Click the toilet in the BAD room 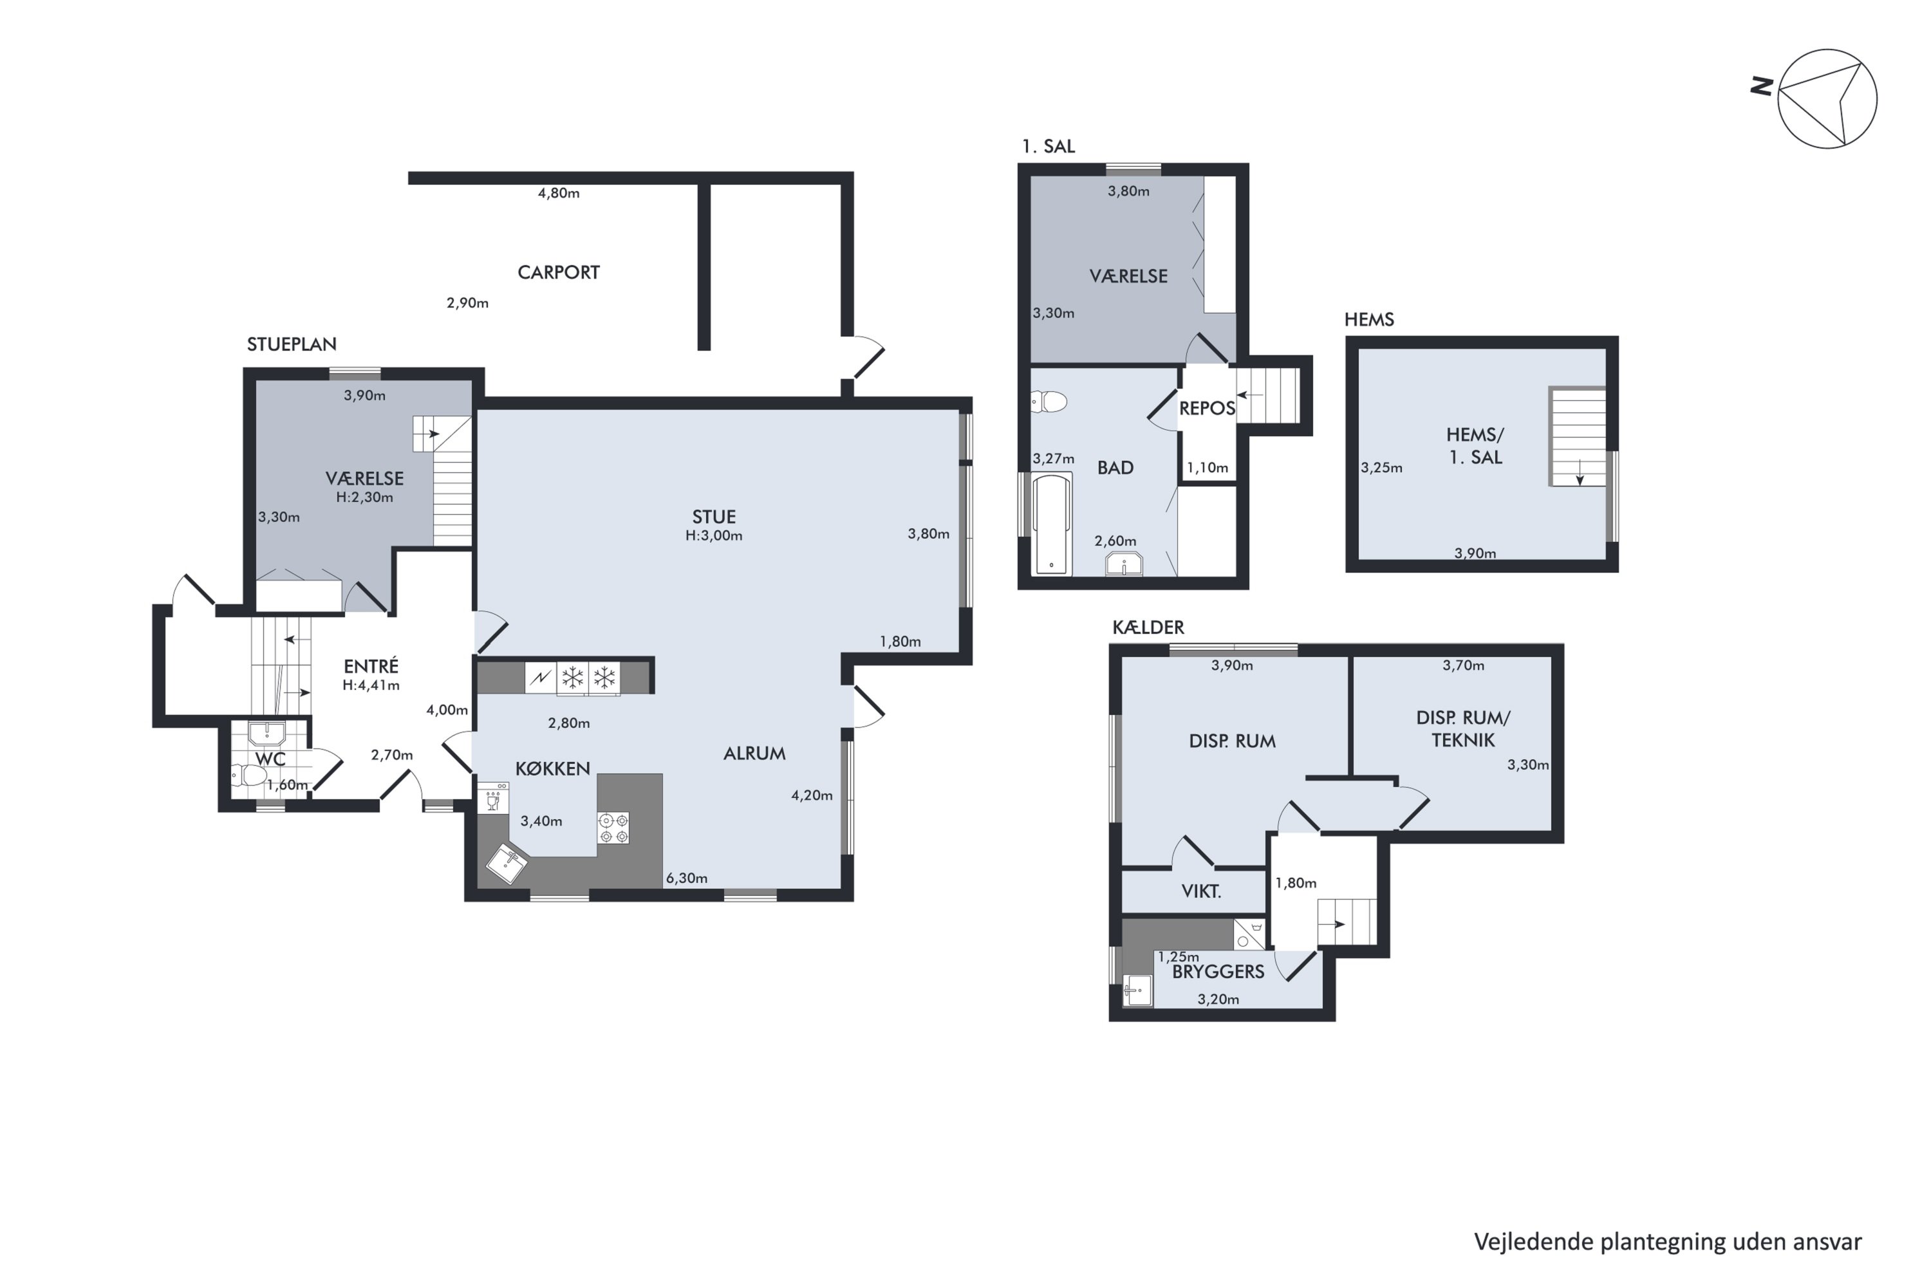[1049, 402]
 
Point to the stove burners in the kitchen [613, 828]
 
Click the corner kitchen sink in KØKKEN [507, 864]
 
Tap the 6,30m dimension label [686, 878]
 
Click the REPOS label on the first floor [1207, 409]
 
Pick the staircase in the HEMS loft [1577, 437]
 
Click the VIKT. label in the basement [1201, 891]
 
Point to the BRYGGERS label [1218, 972]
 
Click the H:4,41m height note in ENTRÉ [371, 685]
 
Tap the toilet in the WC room [248, 775]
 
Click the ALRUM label [754, 754]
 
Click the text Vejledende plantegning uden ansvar [1668, 1242]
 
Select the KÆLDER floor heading [1148, 628]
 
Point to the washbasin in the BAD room [1124, 565]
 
